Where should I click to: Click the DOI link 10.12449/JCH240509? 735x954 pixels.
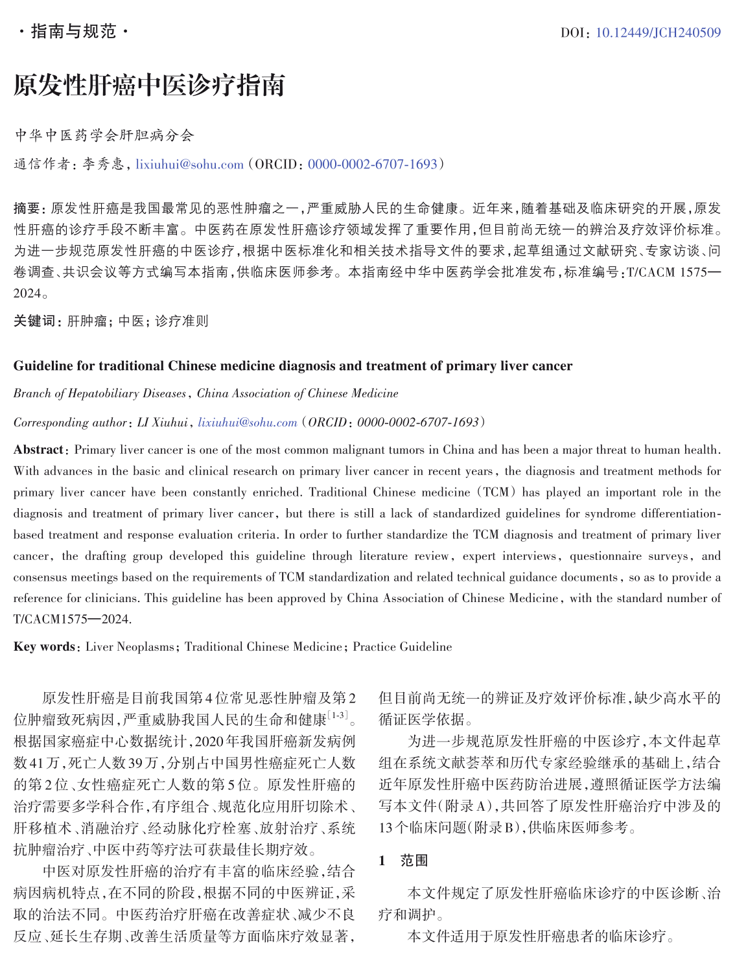coord(657,32)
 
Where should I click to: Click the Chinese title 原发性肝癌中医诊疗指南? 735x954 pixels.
coord(149,85)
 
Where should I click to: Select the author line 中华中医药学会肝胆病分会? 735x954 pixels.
coord(104,135)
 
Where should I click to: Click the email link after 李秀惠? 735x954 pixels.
coord(189,165)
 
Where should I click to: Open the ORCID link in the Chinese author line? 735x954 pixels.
coord(373,165)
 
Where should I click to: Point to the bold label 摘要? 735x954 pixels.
coord(27,209)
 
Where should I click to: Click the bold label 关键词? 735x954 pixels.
coord(36,321)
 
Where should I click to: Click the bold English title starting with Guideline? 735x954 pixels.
coord(292,366)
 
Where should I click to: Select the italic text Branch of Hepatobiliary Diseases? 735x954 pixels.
coord(100,393)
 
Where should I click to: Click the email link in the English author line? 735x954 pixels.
coord(248,423)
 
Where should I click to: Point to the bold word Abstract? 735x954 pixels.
coord(38,450)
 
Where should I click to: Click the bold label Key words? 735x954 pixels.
coord(44,647)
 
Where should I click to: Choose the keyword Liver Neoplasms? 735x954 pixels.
coord(130,647)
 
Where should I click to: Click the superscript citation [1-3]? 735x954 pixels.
coord(338,715)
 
